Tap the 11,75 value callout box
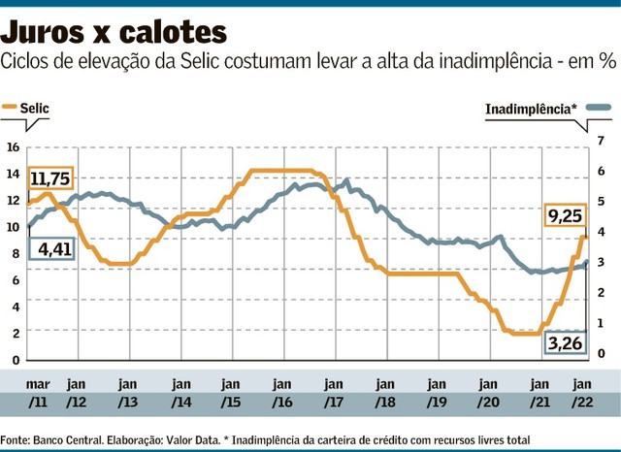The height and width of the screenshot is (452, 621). (x=50, y=178)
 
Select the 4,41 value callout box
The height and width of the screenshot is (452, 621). (x=51, y=250)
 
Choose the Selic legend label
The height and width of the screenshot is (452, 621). (x=36, y=109)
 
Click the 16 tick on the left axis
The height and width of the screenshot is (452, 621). (x=13, y=147)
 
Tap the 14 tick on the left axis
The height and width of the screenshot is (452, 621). (x=13, y=174)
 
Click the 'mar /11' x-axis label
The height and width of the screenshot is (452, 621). (x=38, y=392)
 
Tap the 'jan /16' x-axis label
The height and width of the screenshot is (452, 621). (x=282, y=392)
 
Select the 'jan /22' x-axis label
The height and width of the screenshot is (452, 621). (x=583, y=392)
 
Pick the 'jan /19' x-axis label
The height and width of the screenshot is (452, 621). (x=437, y=392)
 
